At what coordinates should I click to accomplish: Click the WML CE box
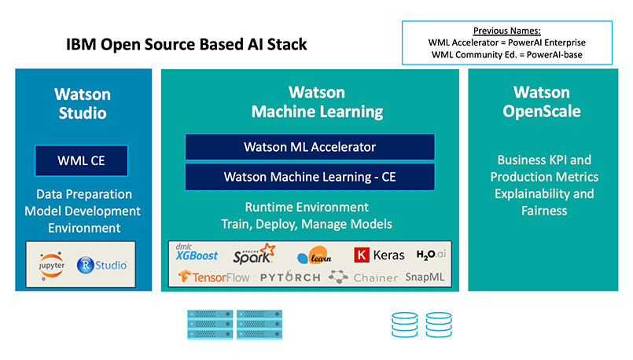[81, 160]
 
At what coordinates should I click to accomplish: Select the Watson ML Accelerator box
[310, 147]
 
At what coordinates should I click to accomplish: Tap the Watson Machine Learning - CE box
[310, 177]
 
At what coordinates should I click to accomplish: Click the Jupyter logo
[52, 266]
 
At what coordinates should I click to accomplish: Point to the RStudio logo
[101, 265]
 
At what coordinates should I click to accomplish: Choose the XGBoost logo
[197, 252]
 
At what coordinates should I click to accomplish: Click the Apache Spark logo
[254, 254]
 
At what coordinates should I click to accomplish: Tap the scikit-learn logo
[315, 255]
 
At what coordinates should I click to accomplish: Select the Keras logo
[379, 255]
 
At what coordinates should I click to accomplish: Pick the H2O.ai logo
[431, 254]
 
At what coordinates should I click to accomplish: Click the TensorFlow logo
[215, 277]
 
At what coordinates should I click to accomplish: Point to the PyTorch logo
[290, 277]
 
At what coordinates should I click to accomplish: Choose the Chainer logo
[363, 277]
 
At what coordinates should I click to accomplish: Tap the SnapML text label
[425, 277]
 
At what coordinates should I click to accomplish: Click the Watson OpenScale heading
[542, 101]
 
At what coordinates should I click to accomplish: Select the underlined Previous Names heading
[507, 31]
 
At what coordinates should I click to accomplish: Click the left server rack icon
[210, 325]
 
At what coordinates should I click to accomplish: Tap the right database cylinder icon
[439, 325]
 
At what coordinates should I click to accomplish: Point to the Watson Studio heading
[83, 103]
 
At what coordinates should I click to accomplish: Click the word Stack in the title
[287, 44]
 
